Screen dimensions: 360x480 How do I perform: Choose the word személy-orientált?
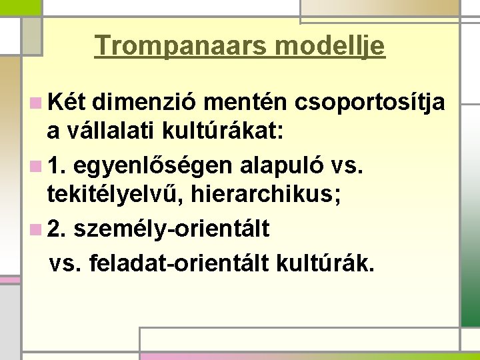click(172, 229)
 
